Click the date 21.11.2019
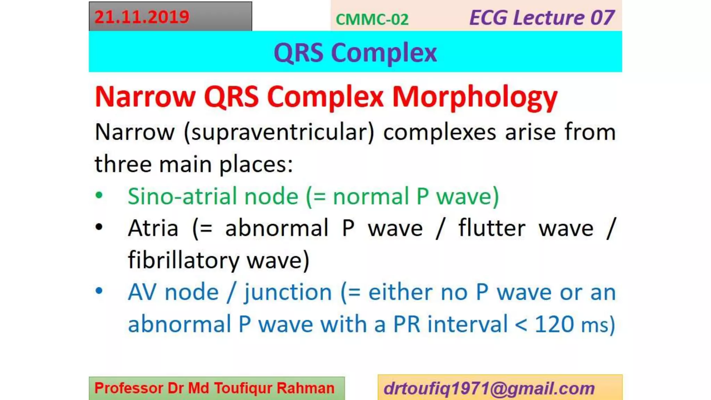pos(142,17)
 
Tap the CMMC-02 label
pos(372,19)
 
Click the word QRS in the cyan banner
pos(298,53)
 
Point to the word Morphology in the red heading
pos(475,97)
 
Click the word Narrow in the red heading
pos(145,97)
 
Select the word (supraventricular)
pos(279,133)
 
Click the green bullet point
pos(99,195)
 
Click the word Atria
pos(153,228)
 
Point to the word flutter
pos(492,228)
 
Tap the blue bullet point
pos(99,291)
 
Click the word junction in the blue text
pos(288,292)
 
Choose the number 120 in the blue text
pos(554,324)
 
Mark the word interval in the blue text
pos(467,324)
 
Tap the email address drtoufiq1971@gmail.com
pos(489,388)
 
